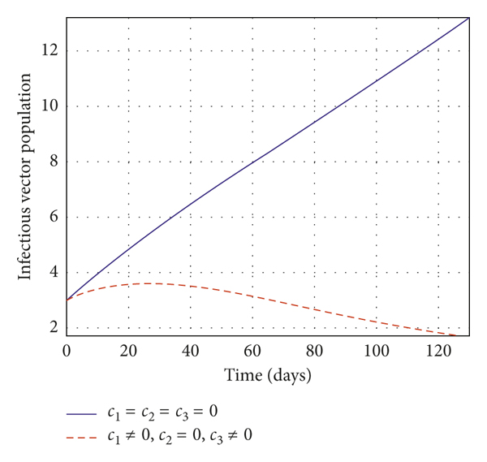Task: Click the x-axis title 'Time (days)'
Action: [268, 376]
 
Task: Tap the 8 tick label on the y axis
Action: [54, 162]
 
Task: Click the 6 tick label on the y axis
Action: [54, 217]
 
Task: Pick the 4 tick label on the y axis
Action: [54, 273]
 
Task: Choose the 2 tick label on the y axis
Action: [54, 328]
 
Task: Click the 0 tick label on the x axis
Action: [67, 352]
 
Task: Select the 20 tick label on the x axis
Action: [128, 352]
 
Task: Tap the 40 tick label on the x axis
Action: [190, 352]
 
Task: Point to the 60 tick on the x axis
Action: [252, 352]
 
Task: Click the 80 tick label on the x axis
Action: [314, 352]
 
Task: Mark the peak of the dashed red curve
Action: [150, 283]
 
